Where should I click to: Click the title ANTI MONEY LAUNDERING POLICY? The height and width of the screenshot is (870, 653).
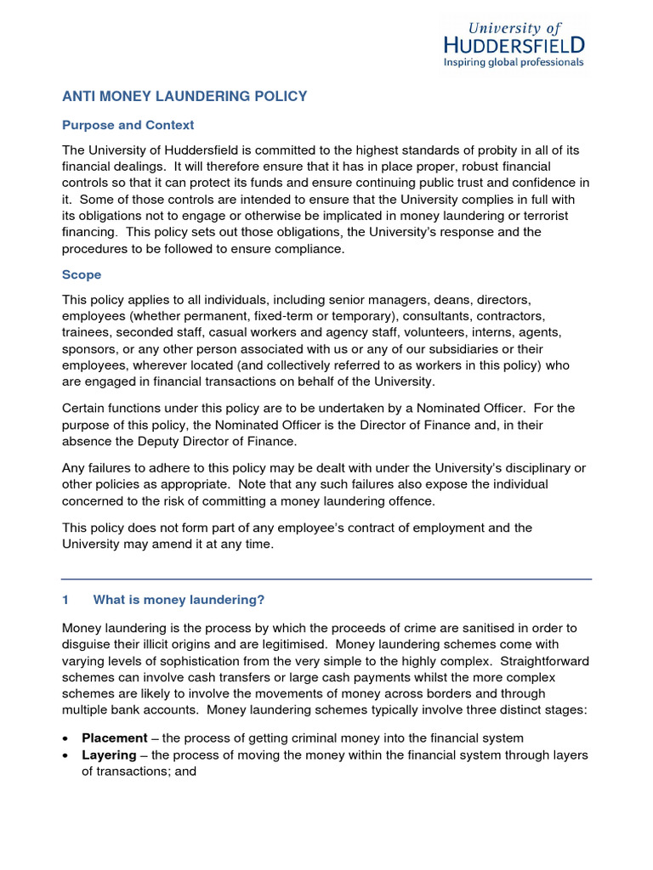(x=185, y=97)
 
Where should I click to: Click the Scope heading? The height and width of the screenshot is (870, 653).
(x=82, y=274)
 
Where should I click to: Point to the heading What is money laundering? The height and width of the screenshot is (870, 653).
(x=179, y=600)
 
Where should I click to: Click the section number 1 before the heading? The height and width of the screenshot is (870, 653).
(x=66, y=600)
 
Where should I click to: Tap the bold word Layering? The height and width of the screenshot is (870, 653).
(x=109, y=754)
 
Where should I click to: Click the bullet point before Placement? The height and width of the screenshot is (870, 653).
(x=66, y=738)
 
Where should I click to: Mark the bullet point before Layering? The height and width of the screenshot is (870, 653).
(x=66, y=755)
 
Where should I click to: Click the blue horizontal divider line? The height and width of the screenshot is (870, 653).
(x=326, y=579)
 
